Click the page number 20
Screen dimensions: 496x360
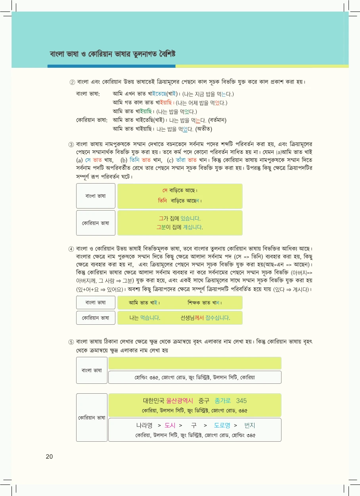(x=49, y=456)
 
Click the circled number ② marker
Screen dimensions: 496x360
(x=72, y=82)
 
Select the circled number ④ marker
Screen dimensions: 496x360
(x=71, y=249)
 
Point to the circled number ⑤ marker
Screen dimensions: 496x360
(x=71, y=342)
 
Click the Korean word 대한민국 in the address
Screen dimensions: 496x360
(x=154, y=401)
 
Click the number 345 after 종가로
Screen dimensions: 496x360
(x=241, y=401)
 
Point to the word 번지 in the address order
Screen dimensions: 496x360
(x=250, y=425)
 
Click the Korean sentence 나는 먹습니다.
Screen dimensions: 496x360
(x=145, y=318)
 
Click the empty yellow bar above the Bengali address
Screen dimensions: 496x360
(x=195, y=363)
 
